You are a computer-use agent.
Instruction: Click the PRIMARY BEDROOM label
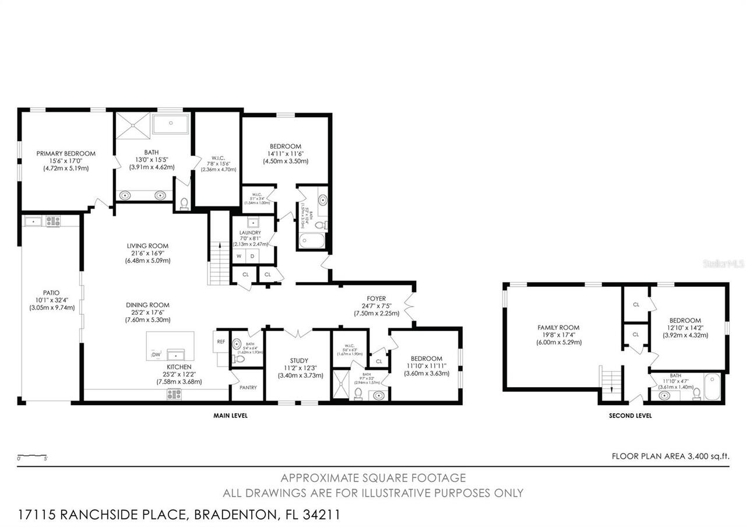66,154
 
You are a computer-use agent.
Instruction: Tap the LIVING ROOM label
147,246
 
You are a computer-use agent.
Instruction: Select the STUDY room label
298,361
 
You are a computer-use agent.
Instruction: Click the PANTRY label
247,387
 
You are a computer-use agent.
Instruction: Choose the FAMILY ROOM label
558,328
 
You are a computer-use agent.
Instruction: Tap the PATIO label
51,293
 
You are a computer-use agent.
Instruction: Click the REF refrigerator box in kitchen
221,342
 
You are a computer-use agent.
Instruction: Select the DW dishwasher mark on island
156,354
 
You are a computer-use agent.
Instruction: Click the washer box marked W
239,256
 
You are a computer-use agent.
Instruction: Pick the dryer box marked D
253,256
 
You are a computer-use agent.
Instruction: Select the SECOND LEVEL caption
630,416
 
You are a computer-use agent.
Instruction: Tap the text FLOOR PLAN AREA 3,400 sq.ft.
670,456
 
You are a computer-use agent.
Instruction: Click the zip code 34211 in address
319,515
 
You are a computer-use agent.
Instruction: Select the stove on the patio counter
53,221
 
